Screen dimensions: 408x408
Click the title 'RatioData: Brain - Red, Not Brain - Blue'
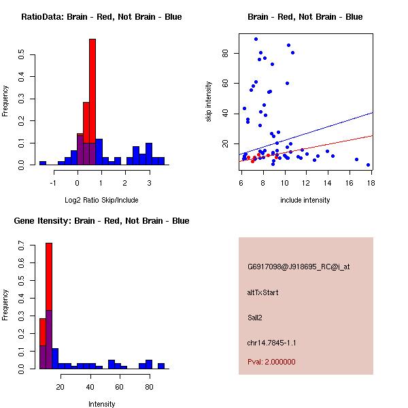tap(101, 17)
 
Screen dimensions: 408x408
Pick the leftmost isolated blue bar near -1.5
tap(43, 163)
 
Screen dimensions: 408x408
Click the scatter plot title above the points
tap(305, 17)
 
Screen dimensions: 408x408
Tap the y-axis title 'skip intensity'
tap(209, 102)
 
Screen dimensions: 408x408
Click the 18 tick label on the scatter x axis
tap(371, 183)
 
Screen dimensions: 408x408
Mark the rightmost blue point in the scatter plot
tap(368, 165)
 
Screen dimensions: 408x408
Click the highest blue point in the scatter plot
tap(256, 39)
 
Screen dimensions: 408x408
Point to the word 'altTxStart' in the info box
tap(263, 292)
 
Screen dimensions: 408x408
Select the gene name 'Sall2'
tap(256, 317)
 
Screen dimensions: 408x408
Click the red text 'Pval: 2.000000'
tap(271, 362)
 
